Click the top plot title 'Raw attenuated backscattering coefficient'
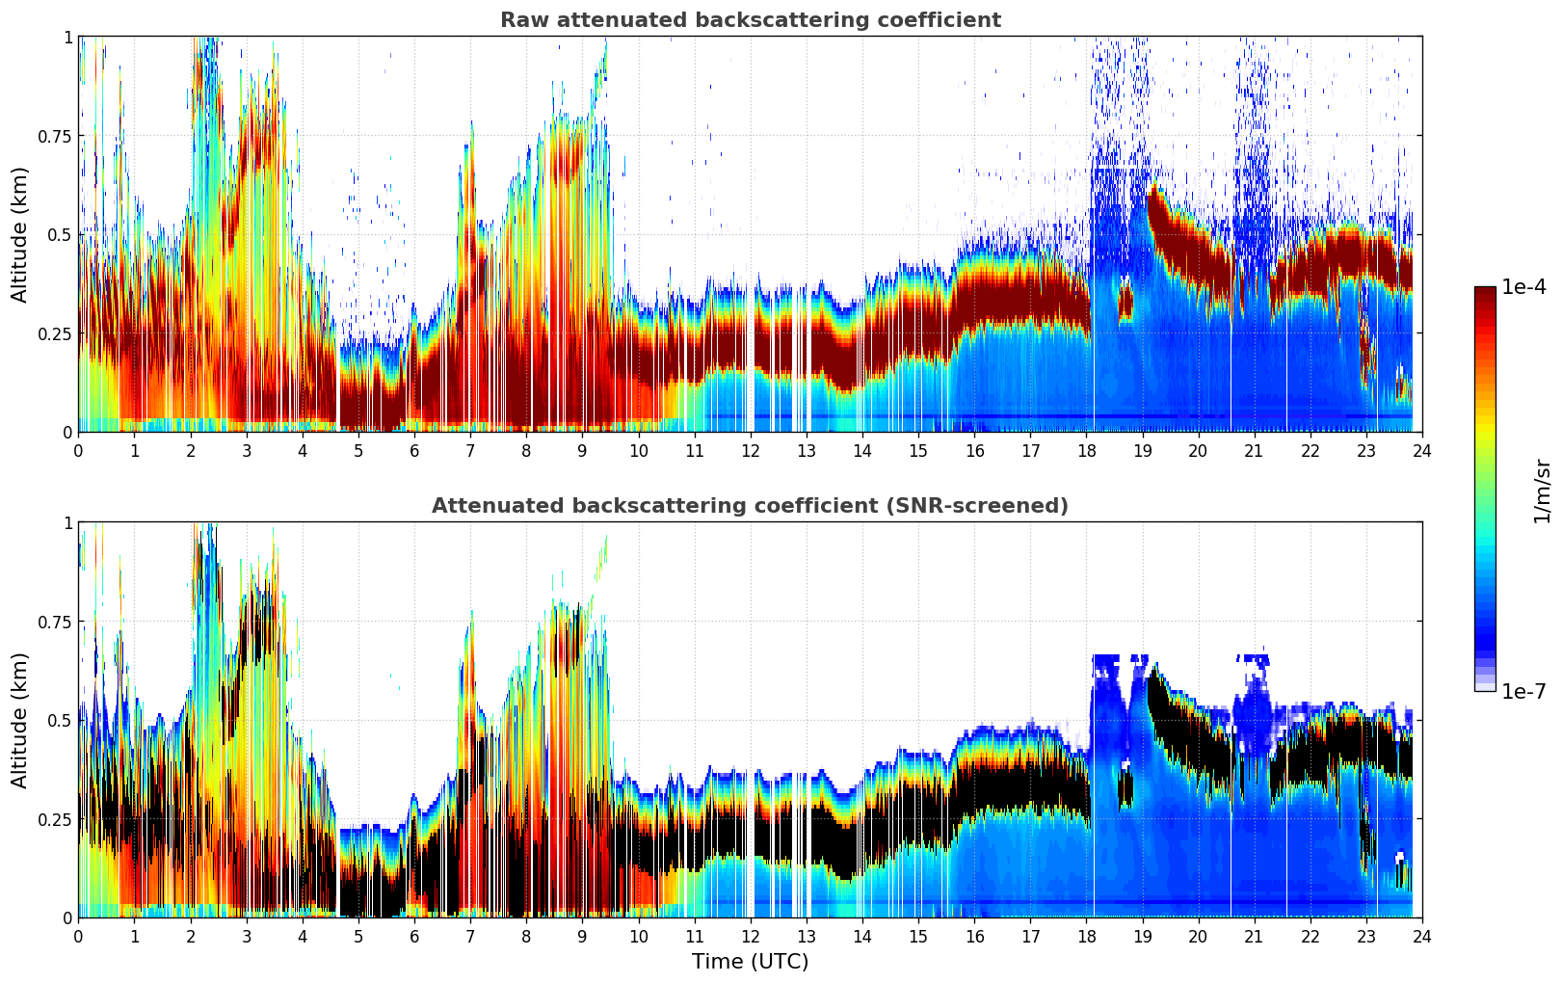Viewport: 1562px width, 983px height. coord(750,20)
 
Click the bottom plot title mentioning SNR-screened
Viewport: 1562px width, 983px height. coord(750,506)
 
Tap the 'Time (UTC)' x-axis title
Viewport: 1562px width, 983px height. coord(750,962)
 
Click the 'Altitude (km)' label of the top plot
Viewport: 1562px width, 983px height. coord(20,234)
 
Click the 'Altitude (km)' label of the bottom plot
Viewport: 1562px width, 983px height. coord(20,720)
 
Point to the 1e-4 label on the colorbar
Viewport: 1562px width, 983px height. coord(1523,287)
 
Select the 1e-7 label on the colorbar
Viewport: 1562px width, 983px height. coord(1523,691)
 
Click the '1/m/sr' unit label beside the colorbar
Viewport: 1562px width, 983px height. coord(1542,491)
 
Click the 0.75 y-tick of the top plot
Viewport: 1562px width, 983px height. coord(55,136)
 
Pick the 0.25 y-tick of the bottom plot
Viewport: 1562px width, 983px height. coord(55,819)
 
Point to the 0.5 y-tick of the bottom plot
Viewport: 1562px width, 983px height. coord(60,720)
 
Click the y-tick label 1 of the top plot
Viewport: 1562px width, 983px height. coord(67,37)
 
